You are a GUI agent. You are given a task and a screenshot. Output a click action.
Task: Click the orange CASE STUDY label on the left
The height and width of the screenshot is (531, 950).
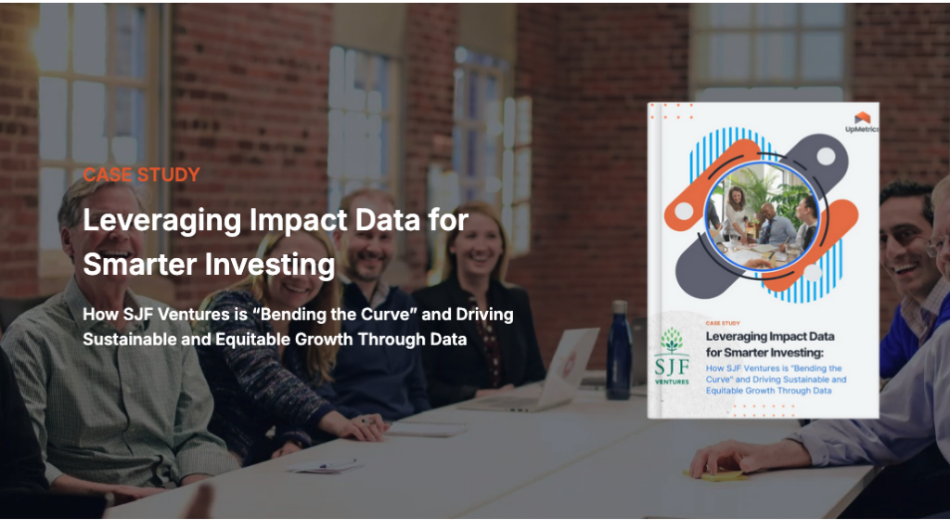tap(141, 175)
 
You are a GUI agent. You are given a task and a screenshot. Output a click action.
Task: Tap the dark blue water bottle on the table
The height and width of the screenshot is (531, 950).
tap(618, 352)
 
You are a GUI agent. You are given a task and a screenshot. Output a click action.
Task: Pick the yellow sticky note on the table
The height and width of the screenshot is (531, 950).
tap(719, 475)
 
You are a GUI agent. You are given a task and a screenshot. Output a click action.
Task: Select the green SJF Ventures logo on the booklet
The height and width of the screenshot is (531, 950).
tap(671, 354)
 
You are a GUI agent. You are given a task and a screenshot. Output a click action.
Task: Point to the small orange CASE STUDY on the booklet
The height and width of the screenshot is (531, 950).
tap(725, 323)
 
